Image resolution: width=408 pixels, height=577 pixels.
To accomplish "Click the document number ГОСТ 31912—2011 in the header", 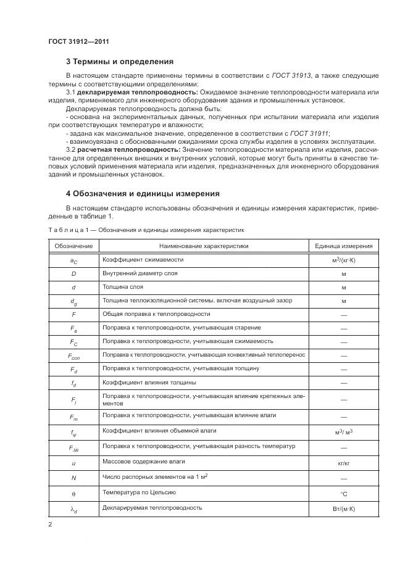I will (x=78, y=42).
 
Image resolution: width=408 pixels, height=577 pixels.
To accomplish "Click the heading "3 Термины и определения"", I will (x=120, y=62).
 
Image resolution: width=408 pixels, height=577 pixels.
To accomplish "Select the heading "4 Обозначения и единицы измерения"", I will (x=143, y=194).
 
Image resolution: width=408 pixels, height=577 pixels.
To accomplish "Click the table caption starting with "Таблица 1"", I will (x=146, y=230).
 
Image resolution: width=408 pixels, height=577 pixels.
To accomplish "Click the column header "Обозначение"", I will (x=73, y=246).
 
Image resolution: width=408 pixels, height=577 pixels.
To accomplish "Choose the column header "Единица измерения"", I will (x=343, y=246).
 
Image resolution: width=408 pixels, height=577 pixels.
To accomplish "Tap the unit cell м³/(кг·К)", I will (x=343, y=260).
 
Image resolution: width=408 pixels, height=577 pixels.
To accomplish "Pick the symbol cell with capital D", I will (x=73, y=273).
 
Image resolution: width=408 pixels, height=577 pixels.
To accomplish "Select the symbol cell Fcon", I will (x=73, y=355).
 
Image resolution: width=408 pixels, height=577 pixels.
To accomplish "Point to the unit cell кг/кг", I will (x=343, y=462).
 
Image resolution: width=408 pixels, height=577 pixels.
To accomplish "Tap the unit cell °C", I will (x=343, y=493).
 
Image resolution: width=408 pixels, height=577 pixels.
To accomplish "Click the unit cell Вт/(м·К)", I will (x=343, y=509).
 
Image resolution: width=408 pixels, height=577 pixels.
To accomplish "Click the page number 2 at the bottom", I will (x=50, y=525).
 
